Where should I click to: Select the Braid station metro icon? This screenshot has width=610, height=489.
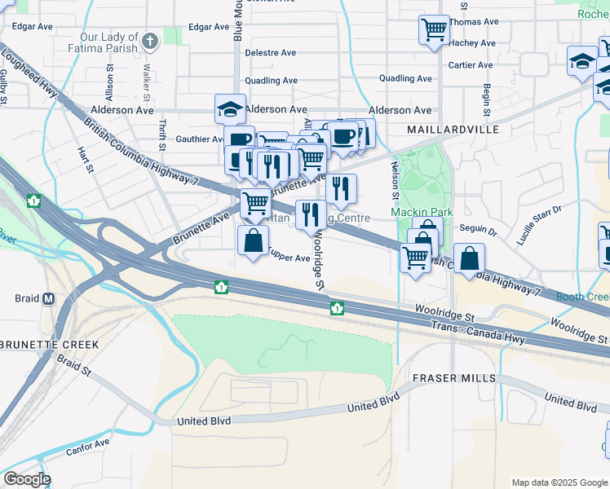[x=48, y=299]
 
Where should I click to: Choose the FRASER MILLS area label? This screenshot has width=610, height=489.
[x=453, y=378]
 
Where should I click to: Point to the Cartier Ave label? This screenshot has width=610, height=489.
[x=471, y=65]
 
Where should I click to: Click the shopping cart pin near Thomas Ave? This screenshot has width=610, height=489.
[x=434, y=30]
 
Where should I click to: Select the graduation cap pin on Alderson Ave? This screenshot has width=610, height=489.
[x=231, y=108]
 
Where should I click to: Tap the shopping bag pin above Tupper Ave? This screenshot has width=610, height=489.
[x=253, y=240]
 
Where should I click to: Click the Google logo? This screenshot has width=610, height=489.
[x=27, y=479]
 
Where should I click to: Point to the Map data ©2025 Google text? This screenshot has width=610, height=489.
[x=559, y=482]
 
